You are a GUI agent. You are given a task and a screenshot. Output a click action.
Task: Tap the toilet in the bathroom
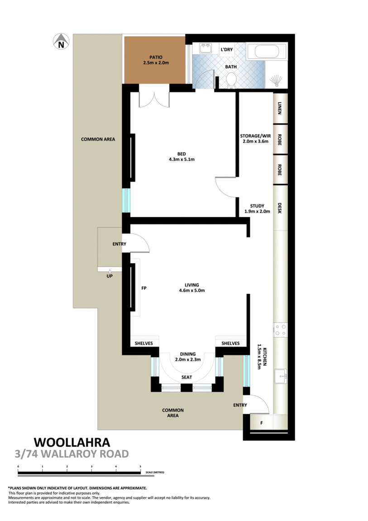[x=231, y=81]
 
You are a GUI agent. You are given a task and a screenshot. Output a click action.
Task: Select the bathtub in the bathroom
[x=266, y=53]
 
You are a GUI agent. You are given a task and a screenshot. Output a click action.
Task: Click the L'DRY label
[x=227, y=50]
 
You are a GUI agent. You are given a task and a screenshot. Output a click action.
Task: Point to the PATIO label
[x=149, y=57]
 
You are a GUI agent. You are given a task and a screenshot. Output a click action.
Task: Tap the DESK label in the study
[x=280, y=208]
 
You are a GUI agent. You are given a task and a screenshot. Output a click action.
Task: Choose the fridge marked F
[x=261, y=423]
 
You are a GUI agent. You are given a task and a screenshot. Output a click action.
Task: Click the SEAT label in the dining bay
[x=186, y=377]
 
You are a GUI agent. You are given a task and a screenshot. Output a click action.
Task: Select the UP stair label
[x=110, y=275]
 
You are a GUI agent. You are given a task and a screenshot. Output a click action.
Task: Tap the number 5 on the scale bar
[x=140, y=467]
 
